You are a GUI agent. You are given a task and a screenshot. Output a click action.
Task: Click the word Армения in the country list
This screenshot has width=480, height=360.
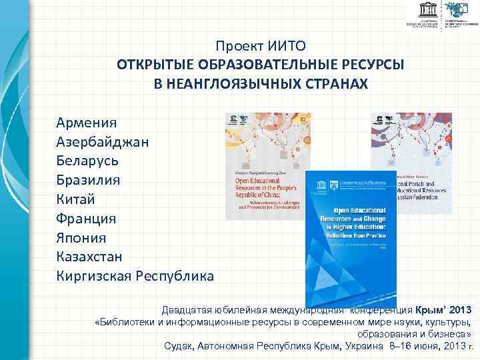(87, 123)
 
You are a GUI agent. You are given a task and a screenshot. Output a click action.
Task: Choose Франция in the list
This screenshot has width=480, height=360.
(87, 218)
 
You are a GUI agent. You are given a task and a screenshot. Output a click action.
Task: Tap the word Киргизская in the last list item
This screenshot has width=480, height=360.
(94, 275)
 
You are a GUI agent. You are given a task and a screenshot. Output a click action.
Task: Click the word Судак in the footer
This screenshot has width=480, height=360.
(178, 346)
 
